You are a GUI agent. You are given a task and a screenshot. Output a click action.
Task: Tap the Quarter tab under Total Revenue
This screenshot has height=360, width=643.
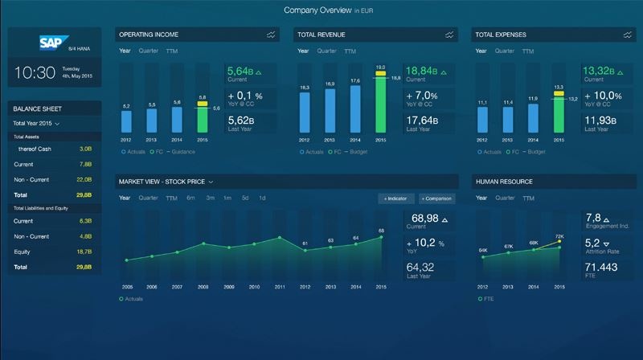(326, 51)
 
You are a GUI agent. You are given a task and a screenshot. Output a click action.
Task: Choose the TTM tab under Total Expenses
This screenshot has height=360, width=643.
(527, 51)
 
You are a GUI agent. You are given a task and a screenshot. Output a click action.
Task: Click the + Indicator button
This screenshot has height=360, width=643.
(396, 198)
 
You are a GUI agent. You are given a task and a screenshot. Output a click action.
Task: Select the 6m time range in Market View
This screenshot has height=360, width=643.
(190, 198)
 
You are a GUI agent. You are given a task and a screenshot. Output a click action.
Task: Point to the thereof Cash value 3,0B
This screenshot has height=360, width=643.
(85, 149)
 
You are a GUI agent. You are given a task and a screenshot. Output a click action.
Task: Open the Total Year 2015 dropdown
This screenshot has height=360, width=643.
(37, 124)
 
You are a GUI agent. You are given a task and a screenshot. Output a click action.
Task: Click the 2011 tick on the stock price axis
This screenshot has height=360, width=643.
(279, 287)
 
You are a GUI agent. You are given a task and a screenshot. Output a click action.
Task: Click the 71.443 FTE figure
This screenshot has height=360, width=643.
(602, 267)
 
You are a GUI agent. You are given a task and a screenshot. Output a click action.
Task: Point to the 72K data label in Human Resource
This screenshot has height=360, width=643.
(559, 236)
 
